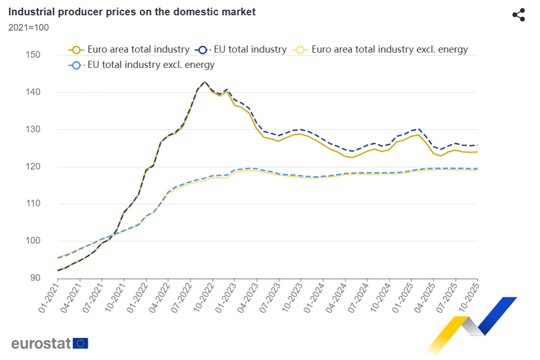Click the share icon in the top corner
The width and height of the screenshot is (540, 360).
pyautogui.click(x=519, y=15)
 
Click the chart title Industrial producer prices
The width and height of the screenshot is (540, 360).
pyautogui.click(x=132, y=12)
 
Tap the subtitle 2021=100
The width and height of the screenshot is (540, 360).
pyautogui.click(x=29, y=28)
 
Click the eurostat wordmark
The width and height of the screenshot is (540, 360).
pyautogui.click(x=41, y=343)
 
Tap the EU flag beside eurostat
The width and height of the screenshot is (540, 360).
pyautogui.click(x=81, y=343)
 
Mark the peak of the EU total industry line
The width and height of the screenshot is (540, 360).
pyautogui.click(x=205, y=82)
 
